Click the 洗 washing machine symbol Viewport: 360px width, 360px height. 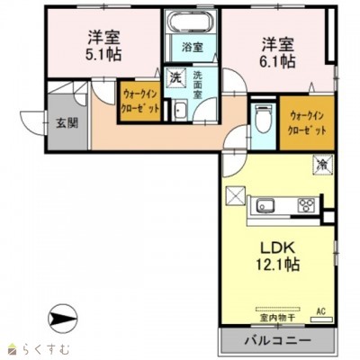point(177,78)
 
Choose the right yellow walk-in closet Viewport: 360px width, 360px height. point(305,122)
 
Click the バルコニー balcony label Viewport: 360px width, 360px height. point(277,342)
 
